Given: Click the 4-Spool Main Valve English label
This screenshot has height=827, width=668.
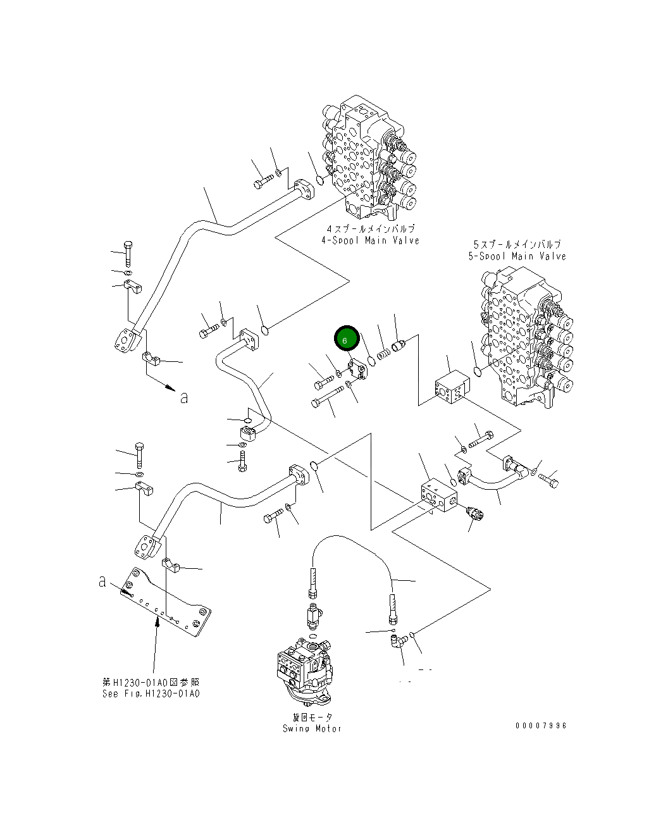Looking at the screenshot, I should click(x=370, y=240).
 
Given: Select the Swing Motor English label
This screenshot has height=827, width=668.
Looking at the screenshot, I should click(x=312, y=728).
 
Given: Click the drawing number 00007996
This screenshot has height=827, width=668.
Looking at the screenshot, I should click(x=541, y=726).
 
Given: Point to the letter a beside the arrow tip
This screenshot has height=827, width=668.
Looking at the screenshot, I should click(x=184, y=398).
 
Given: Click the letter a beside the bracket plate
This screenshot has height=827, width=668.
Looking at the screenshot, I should click(x=102, y=581).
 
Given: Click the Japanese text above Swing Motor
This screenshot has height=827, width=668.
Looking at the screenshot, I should click(x=312, y=717).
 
